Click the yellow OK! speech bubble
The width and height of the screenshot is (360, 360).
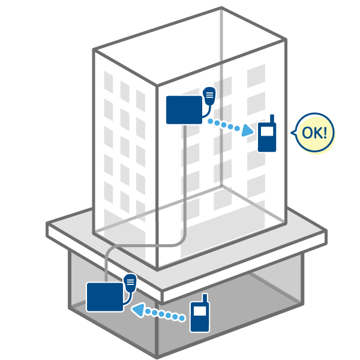click(x=314, y=133)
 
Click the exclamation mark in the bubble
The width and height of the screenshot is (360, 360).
click(x=325, y=133)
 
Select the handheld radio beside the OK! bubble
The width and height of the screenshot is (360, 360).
click(x=267, y=133)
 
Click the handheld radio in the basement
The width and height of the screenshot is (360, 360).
click(x=200, y=313)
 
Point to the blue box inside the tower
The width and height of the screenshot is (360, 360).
click(x=184, y=110)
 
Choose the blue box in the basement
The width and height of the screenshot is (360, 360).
click(x=105, y=297)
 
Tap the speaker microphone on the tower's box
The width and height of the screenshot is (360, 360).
click(x=209, y=96)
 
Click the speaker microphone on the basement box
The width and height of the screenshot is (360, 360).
click(x=130, y=283)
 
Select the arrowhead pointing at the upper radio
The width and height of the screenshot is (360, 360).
click(x=247, y=130)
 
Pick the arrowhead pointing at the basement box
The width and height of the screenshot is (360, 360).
click(x=138, y=310)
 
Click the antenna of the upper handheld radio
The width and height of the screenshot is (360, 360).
click(x=272, y=119)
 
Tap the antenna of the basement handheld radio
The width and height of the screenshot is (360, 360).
click(x=205, y=298)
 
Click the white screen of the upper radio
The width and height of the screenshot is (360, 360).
click(x=267, y=132)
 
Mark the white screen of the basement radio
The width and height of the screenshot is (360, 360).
click(x=200, y=311)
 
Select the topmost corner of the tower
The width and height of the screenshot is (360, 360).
click(x=221, y=8)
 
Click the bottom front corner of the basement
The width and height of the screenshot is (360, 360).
click(x=157, y=357)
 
